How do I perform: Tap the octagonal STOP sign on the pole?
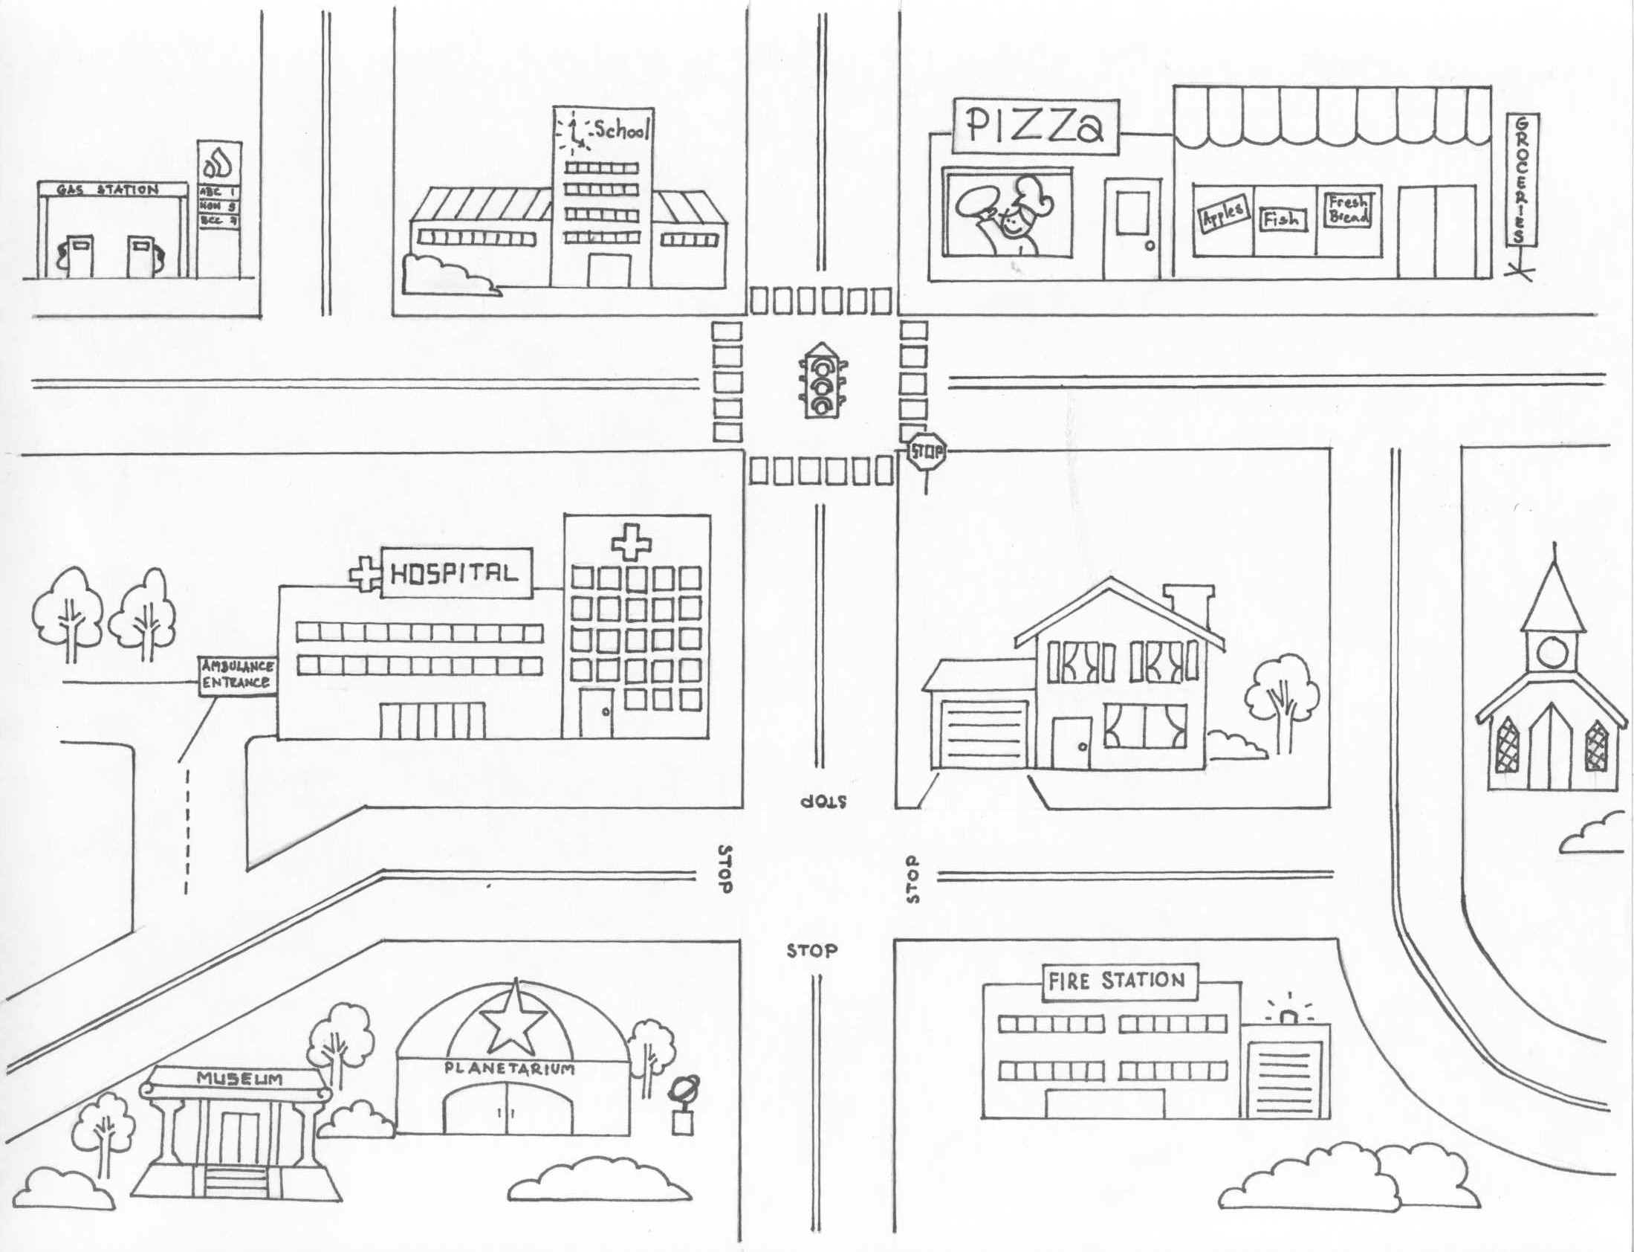pyautogui.click(x=926, y=451)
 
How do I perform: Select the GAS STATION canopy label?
pyautogui.click(x=112, y=190)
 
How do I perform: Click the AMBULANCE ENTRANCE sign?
pyautogui.click(x=236, y=675)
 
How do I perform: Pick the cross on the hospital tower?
pyautogui.click(x=630, y=543)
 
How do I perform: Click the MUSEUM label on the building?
pyautogui.click(x=239, y=1078)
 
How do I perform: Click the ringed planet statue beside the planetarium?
pyautogui.click(x=682, y=1092)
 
